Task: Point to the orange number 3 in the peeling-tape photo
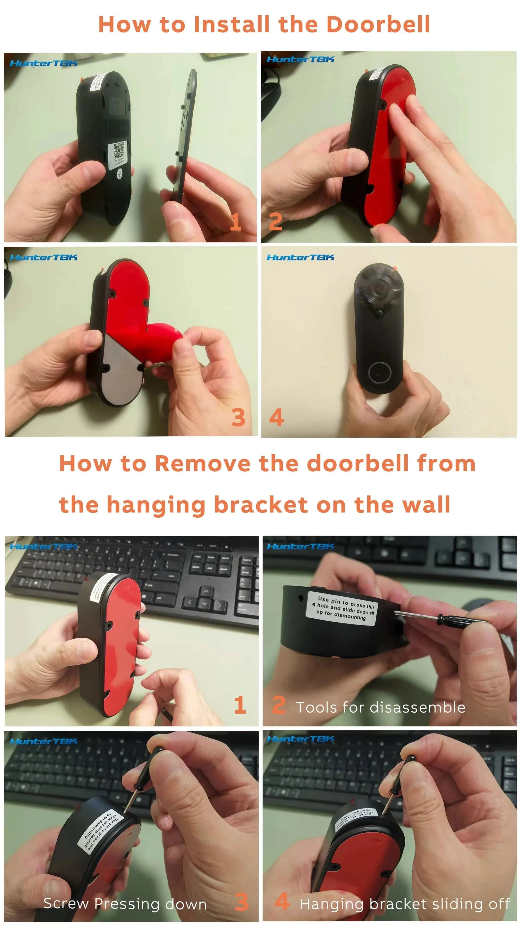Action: click(238, 417)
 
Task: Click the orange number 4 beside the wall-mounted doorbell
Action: click(277, 417)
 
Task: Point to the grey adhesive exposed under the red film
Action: click(121, 370)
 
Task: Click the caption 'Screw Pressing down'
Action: click(125, 904)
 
